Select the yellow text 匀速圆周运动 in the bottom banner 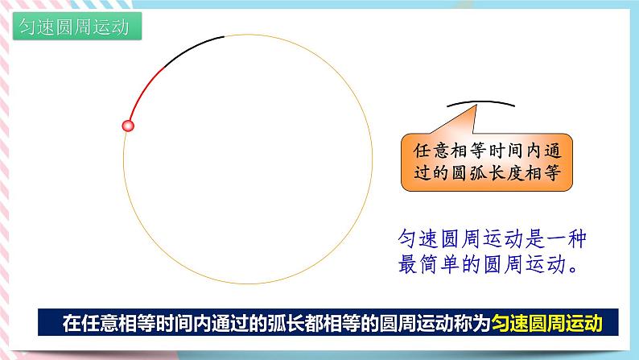[549, 324]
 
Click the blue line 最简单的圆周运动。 [488, 264]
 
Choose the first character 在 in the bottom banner [71, 324]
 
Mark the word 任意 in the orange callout [425, 151]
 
